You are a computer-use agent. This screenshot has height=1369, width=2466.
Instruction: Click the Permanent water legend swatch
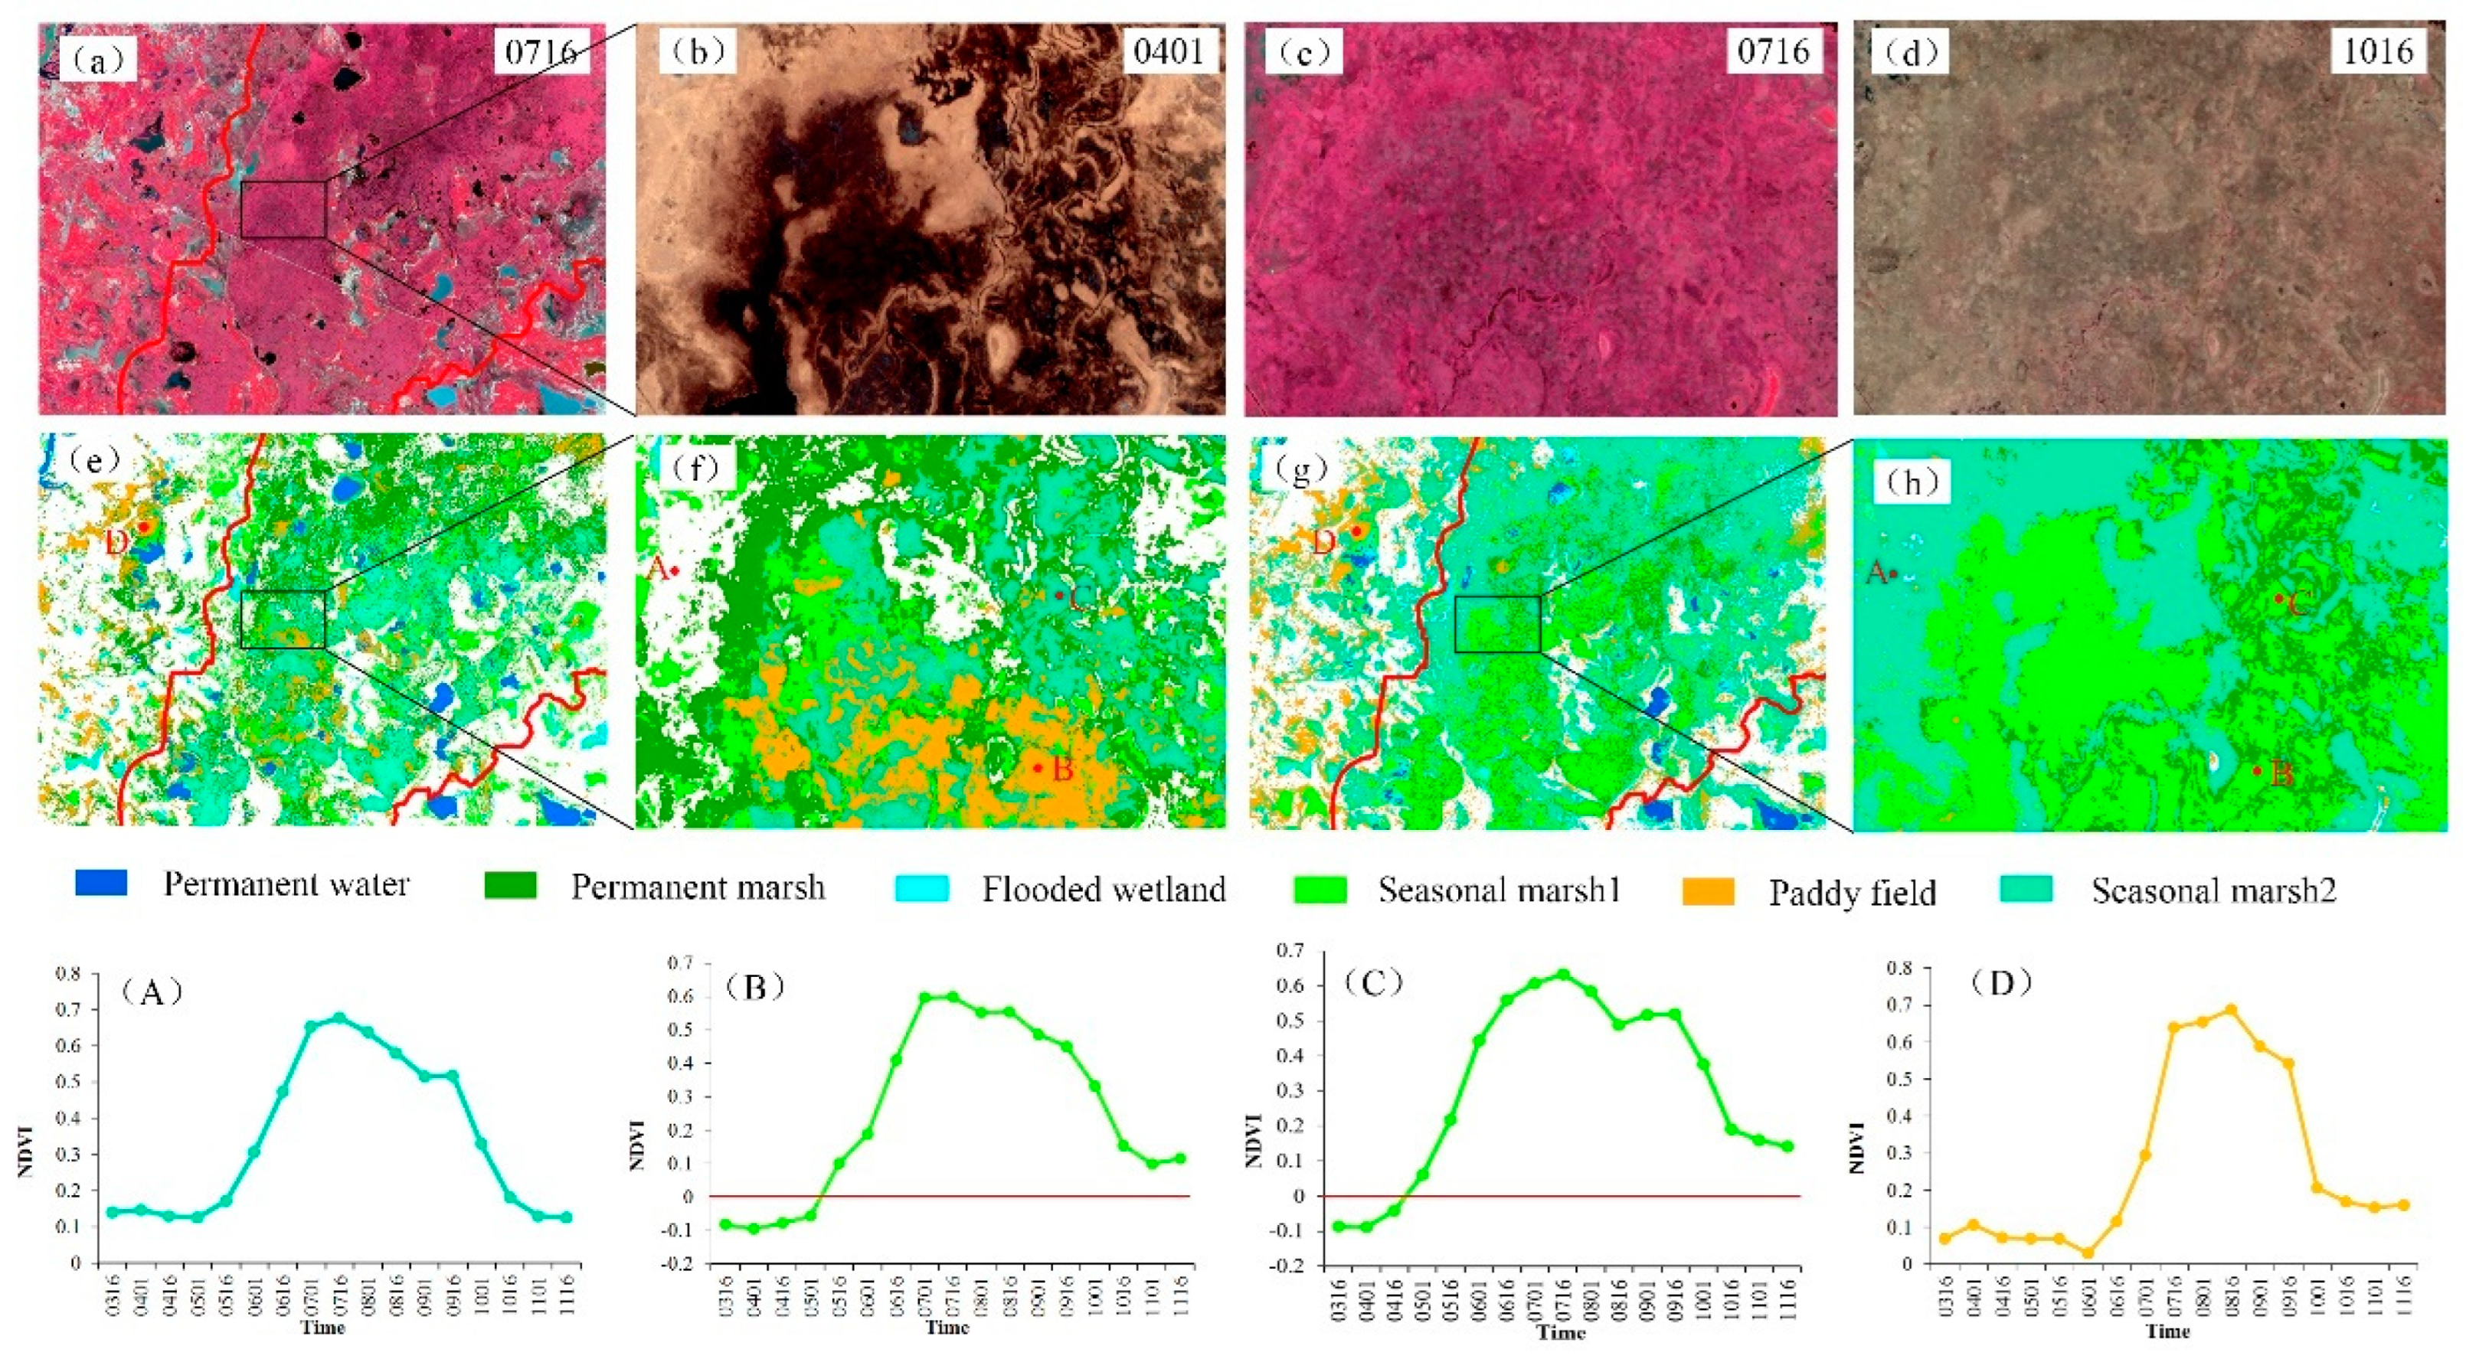point(100,883)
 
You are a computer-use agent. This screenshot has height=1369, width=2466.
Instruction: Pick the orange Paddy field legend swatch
point(1709,890)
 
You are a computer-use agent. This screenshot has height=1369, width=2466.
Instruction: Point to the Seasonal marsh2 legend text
point(2213,890)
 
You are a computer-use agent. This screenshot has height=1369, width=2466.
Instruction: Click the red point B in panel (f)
point(1038,768)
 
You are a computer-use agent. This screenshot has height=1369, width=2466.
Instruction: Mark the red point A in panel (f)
point(675,571)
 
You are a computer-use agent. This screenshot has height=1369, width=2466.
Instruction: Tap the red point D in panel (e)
point(142,525)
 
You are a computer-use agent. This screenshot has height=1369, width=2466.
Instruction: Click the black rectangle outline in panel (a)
point(283,210)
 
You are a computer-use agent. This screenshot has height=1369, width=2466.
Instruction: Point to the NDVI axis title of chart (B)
point(635,1144)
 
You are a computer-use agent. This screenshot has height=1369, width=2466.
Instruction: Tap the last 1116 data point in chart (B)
point(1180,1158)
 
